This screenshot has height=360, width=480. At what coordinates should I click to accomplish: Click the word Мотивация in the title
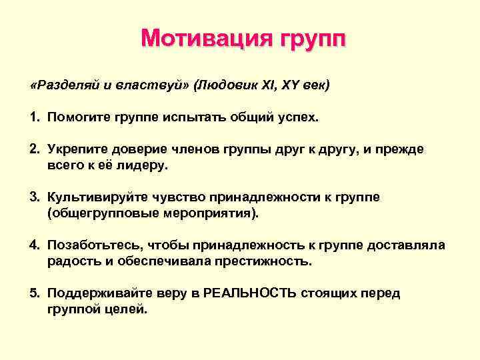(193, 39)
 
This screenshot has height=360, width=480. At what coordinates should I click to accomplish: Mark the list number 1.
(33, 118)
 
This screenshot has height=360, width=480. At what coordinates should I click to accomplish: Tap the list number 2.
(33, 150)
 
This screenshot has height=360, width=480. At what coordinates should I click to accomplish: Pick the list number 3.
(33, 197)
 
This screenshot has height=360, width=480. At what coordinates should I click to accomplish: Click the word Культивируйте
(91, 197)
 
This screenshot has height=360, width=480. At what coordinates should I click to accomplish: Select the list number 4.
(33, 245)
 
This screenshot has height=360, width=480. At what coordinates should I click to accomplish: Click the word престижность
(263, 261)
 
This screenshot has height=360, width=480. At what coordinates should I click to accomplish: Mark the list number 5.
(33, 293)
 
